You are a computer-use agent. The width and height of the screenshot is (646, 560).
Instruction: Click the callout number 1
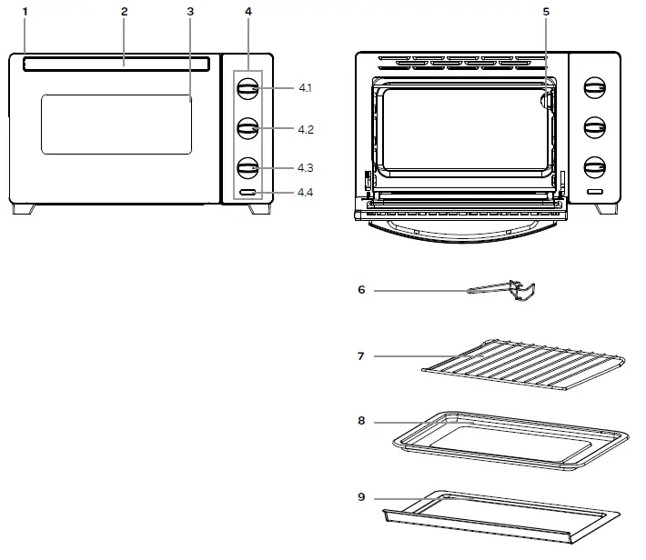tap(25, 12)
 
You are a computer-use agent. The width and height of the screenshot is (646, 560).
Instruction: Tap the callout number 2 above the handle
tap(124, 12)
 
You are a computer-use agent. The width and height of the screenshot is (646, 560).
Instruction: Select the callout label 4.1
tap(305, 88)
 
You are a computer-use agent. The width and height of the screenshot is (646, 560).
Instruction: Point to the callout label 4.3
tap(305, 168)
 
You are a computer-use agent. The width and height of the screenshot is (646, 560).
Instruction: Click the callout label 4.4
tap(305, 193)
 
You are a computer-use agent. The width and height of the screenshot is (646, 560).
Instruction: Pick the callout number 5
tap(546, 12)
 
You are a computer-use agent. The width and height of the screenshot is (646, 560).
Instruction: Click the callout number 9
tap(361, 497)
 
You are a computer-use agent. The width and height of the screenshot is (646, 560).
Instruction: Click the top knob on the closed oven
tap(247, 88)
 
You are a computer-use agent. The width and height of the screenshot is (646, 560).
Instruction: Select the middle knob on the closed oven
tap(247, 128)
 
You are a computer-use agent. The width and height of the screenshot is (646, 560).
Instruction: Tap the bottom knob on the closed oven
tap(247, 167)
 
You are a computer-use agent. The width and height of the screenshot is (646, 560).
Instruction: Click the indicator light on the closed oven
tap(247, 193)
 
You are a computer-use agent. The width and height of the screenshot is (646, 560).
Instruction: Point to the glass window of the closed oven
tap(116, 123)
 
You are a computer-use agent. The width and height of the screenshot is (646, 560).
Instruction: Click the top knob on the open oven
tap(594, 89)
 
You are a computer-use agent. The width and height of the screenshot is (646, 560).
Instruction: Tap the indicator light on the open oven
tap(594, 193)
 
